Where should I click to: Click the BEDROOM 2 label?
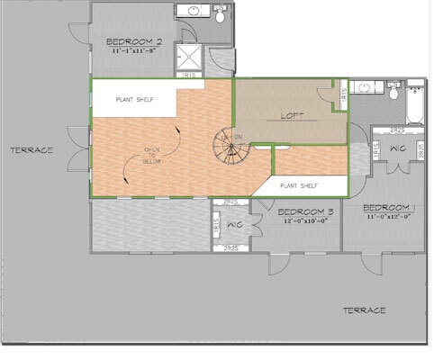[134, 41]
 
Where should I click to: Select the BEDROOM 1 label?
[388, 208]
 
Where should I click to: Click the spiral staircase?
[231, 148]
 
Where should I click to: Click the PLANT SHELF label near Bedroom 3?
[301, 185]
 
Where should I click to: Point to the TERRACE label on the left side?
[32, 150]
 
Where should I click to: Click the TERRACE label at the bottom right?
[365, 310]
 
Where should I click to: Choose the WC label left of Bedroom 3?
[233, 224]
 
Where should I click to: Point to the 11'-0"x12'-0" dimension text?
[388, 217]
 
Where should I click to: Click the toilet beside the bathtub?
[393, 90]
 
